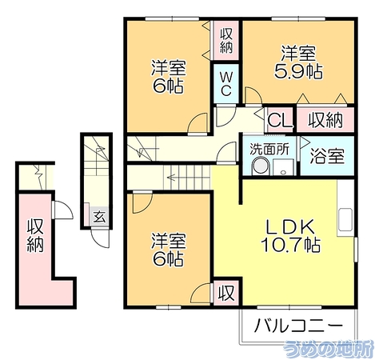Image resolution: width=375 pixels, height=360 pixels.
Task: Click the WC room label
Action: pyautogui.click(x=226, y=84)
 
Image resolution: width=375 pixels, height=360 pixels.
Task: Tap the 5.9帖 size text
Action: pyautogui.click(x=298, y=71)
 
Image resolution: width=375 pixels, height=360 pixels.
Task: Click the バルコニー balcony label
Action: pyautogui.click(x=298, y=326)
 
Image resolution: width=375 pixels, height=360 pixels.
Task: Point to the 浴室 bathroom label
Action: pyautogui.click(x=327, y=156)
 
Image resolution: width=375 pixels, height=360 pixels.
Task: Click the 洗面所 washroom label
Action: pyautogui.click(x=269, y=150)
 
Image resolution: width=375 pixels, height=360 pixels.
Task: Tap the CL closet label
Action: pyautogui.click(x=280, y=121)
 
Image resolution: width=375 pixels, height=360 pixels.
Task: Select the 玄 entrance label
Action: pyautogui.click(x=100, y=217)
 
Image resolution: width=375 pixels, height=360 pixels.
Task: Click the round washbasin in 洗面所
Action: pyautogui.click(x=261, y=166)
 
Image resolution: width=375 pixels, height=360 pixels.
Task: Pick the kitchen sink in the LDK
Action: pyautogui.click(x=345, y=219)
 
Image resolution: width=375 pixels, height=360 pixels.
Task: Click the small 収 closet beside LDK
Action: pyautogui.click(x=226, y=293)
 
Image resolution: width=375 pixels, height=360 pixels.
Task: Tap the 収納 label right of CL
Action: pyautogui.click(x=325, y=121)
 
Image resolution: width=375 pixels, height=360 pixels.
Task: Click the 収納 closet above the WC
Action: pyautogui.click(x=226, y=41)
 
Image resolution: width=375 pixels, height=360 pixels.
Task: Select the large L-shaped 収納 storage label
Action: pyautogui.click(x=35, y=235)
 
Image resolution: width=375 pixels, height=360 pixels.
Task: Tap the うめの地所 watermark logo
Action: pyautogui.click(x=329, y=349)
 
